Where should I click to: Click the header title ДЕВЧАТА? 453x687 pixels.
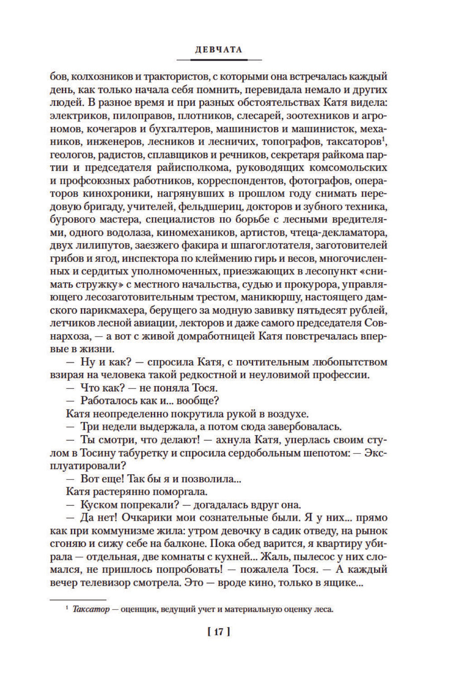(x=219, y=50)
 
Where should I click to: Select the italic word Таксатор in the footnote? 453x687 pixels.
(x=91, y=610)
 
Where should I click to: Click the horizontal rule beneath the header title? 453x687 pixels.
(x=219, y=60)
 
